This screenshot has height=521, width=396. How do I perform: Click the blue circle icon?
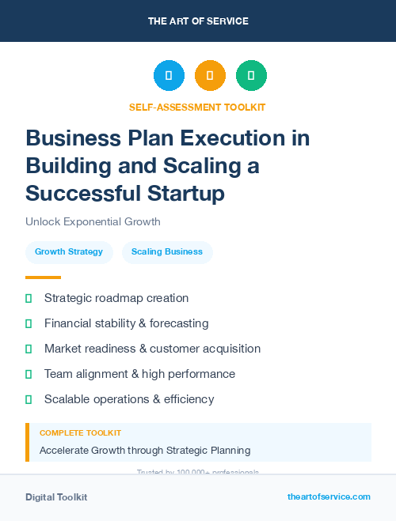click(x=169, y=76)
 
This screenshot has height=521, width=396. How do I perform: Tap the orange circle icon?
click(x=210, y=76)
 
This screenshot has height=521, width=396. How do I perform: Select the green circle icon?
click(x=251, y=76)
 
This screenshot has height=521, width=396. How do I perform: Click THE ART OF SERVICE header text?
click(x=198, y=21)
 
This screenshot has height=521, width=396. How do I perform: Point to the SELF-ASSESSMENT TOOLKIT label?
click(x=197, y=107)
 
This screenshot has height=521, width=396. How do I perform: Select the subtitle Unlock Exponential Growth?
click(x=93, y=221)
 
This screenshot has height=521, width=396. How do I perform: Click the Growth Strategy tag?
click(x=69, y=252)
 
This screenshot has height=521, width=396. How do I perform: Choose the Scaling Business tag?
click(x=167, y=252)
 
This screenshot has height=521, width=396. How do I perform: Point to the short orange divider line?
click(x=43, y=277)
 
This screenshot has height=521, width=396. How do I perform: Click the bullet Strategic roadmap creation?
click(x=116, y=298)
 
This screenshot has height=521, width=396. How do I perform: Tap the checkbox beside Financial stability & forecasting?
click(x=29, y=323)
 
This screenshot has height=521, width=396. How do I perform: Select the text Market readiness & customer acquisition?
click(x=152, y=349)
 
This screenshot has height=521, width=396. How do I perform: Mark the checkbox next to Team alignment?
click(x=29, y=374)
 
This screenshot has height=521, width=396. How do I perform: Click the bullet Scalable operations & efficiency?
click(x=129, y=399)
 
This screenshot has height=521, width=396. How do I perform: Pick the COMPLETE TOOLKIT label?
click(x=80, y=433)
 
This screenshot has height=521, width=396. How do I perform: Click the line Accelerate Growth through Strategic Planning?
click(x=145, y=451)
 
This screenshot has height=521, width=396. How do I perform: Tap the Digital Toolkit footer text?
click(x=56, y=497)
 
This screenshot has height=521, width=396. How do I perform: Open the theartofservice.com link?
click(x=329, y=496)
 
